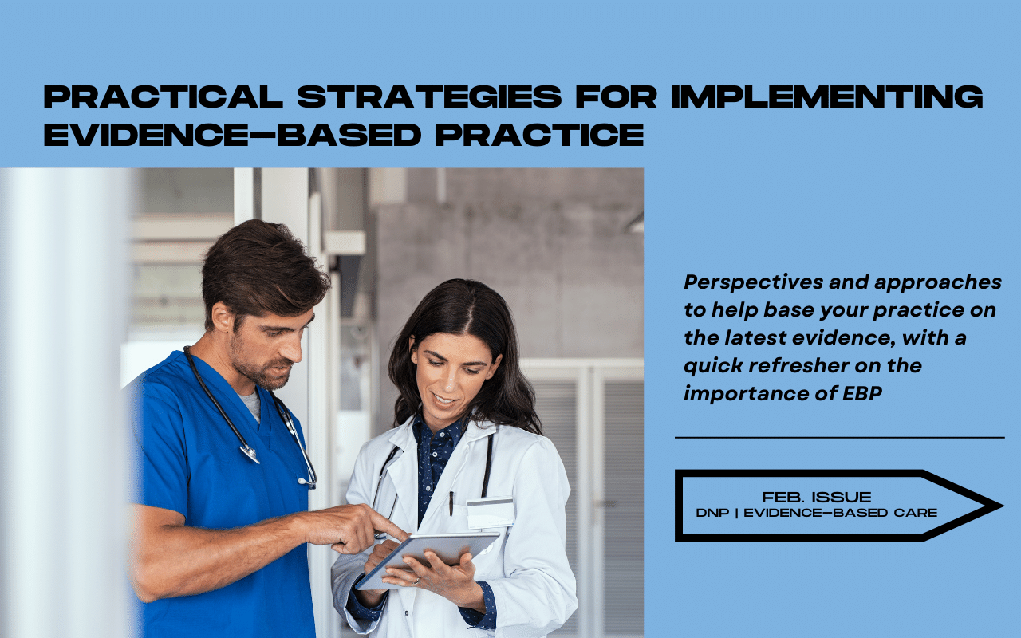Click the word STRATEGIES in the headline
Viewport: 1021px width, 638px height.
429,96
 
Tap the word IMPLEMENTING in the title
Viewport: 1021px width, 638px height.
827,96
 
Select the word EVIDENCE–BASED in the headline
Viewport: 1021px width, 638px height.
232,135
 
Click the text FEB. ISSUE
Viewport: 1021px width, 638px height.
816,497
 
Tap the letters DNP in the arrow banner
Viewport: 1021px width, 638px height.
712,513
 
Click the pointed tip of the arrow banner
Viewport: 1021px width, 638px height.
1003,506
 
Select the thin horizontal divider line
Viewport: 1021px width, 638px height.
840,438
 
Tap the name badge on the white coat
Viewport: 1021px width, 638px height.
490,513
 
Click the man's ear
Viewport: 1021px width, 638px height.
222,317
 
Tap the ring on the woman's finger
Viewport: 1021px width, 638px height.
417,581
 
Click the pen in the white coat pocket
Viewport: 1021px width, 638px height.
451,503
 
